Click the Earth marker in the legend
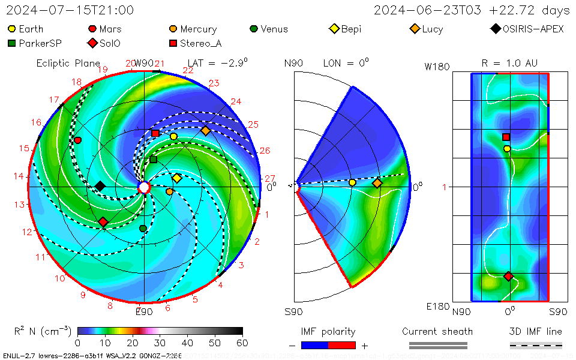pyautogui.click(x=12, y=29)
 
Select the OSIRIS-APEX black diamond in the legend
pyautogui.click(x=495, y=29)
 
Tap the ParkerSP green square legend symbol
pyautogui.click(x=12, y=43)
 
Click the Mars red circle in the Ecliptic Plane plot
pyautogui.click(x=77, y=140)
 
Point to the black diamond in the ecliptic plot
pyautogui.click(x=100, y=186)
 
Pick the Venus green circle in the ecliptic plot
pyautogui.click(x=143, y=229)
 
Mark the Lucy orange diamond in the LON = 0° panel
pyautogui.click(x=377, y=183)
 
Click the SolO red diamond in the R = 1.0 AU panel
pyautogui.click(x=509, y=276)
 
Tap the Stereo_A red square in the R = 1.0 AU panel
pyautogui.click(x=506, y=137)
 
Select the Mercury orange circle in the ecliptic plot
pyautogui.click(x=169, y=191)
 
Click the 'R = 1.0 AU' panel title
pyautogui.click(x=509, y=63)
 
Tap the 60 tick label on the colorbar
pyautogui.click(x=242, y=343)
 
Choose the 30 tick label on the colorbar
pyautogui.click(x=160, y=343)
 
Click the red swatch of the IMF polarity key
pyautogui.click(x=343, y=345)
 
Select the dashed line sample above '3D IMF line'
pyautogui.click(x=536, y=345)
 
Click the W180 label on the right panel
pyautogui.click(x=437, y=67)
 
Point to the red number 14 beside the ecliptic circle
pyautogui.click(x=19, y=176)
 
